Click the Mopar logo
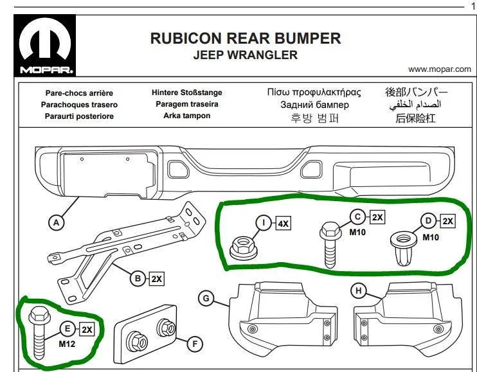coord(45,45)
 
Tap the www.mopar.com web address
coord(440,69)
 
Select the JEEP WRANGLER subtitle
coord(245,55)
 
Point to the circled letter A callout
coord(57,223)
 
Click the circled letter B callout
coord(138,278)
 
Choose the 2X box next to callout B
coord(157,279)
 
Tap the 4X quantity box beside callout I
coord(283,224)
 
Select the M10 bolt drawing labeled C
coord(330,244)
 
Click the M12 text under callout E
coord(67,344)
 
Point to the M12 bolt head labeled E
coord(39,316)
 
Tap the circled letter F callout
coord(195,344)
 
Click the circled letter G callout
coord(206,298)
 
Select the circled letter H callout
coord(359,290)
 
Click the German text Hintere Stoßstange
coord(187,93)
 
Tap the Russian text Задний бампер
coord(314,105)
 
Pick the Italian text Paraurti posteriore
coord(79,116)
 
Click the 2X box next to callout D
coord(448,221)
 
